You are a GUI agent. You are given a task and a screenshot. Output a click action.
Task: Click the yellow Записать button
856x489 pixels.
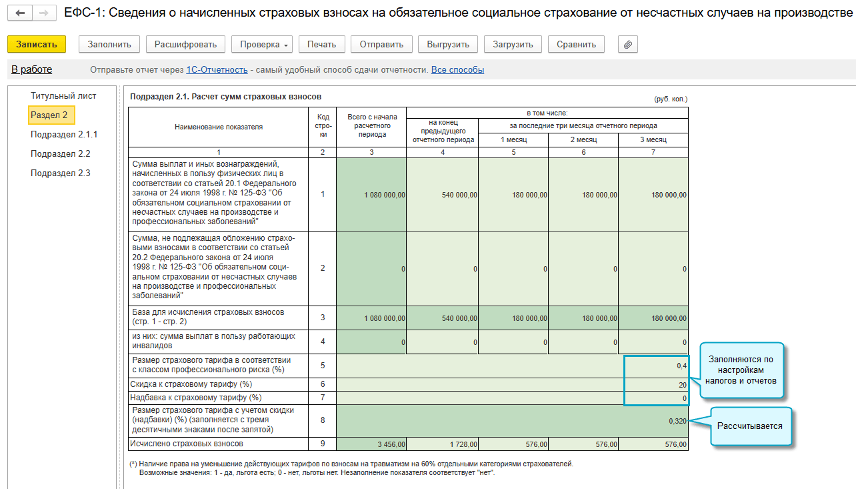coord(37,44)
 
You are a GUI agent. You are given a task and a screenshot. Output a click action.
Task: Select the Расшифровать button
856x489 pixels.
coord(185,44)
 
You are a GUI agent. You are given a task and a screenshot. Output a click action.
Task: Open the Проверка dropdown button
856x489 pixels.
coord(261,44)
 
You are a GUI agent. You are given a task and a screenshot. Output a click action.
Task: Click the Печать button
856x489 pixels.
coord(321,44)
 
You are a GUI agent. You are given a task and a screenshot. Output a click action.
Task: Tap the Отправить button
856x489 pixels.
coord(381,44)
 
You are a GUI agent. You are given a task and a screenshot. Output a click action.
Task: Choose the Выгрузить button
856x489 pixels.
coord(447,44)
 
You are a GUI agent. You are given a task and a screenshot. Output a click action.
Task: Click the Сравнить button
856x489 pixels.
coord(577,44)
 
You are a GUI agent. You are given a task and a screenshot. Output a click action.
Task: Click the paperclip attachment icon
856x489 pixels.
coord(627,44)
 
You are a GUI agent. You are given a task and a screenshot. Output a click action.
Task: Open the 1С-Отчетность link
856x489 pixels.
coord(217,69)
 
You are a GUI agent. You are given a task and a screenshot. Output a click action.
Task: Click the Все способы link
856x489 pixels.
coord(457,69)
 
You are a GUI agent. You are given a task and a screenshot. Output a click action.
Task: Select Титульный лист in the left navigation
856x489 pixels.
coord(63,95)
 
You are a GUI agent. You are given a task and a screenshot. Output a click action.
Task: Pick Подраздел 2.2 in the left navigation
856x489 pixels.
coord(61,153)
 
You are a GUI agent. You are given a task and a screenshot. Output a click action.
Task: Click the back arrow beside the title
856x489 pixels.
coord(20,13)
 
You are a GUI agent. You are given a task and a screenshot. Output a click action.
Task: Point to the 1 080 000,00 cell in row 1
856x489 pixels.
coord(385,195)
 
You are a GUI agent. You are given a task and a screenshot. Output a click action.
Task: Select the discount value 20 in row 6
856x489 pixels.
coord(681,385)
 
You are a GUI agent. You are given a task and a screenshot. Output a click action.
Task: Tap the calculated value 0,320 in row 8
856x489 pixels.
coord(677,421)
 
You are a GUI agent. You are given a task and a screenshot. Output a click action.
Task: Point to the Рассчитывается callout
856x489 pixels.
coord(749,426)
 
